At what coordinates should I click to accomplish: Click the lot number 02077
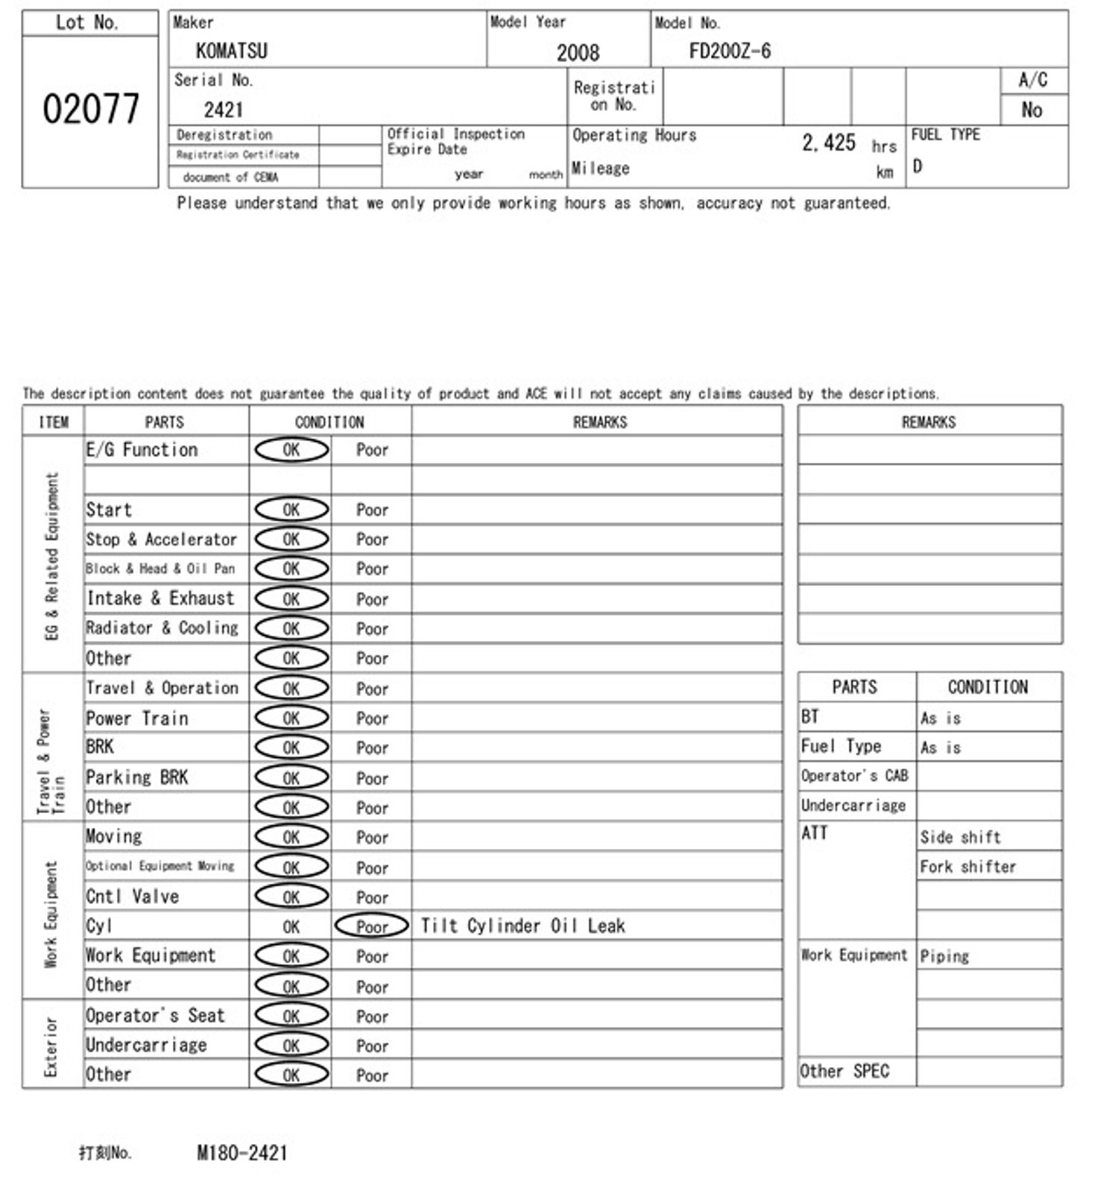[90, 109]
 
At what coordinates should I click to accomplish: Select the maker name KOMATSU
[232, 51]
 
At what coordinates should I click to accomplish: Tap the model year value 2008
[578, 52]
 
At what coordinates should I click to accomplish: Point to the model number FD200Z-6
[730, 51]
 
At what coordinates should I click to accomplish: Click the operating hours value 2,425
[828, 142]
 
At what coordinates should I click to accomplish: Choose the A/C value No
[1032, 110]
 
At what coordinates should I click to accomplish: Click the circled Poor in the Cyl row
[372, 926]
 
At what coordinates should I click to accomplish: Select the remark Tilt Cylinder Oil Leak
[522, 926]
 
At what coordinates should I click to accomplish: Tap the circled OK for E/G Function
[291, 449]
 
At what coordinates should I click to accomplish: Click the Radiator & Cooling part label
[162, 628]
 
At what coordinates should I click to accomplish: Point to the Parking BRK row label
[137, 777]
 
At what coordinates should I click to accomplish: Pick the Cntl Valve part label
[133, 896]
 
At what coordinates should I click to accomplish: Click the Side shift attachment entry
[960, 837]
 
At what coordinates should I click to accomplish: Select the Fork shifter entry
[967, 867]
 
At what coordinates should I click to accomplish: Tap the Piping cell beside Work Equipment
[944, 955]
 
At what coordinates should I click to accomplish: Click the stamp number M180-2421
[242, 1153]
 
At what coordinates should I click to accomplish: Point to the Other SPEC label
[844, 1071]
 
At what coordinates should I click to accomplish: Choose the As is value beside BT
[941, 718]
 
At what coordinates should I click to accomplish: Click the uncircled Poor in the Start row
[372, 510]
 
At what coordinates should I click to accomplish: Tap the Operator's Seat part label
[155, 1015]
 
